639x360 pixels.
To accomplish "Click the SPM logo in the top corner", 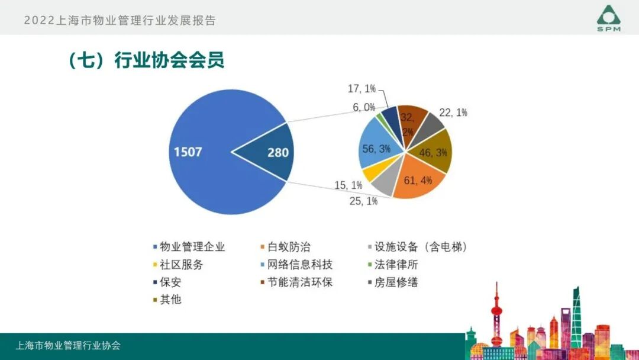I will coord(609,18).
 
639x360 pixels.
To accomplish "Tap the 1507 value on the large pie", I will coord(188,152).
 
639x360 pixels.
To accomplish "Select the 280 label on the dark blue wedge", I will coord(277,153).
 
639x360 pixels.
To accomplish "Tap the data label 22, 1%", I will coord(454,112).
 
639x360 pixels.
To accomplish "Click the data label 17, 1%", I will coord(362,89).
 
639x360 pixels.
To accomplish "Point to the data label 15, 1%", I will coord(348,185).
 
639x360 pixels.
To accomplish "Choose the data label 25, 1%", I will coord(363,201).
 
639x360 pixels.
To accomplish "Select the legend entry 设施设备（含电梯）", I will coord(421,247).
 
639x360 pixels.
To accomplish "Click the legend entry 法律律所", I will coord(396,265).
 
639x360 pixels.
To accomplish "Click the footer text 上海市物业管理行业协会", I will coord(68,346).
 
